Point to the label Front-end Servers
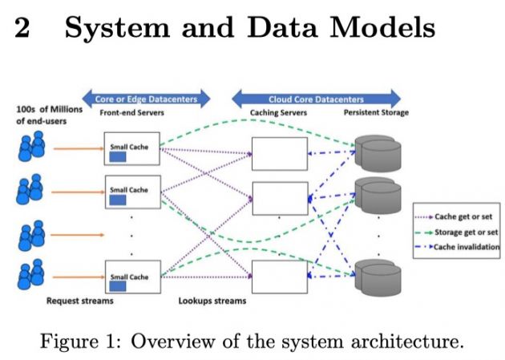[132, 113]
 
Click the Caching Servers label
[277, 113]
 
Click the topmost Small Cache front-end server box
[131, 151]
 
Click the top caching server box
[279, 153]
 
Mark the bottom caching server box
[279, 277]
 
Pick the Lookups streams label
[212, 301]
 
